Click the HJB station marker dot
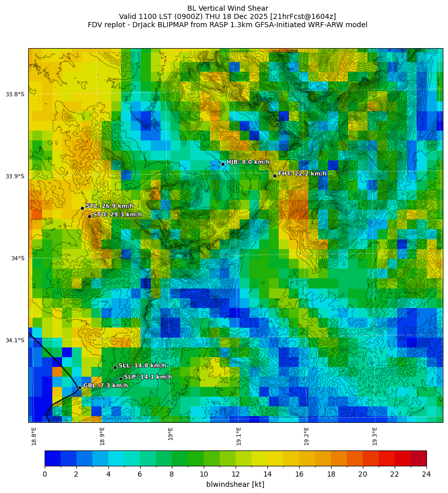(223, 164)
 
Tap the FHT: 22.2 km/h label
(302, 174)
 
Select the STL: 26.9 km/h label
(109, 206)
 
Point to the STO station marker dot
(89, 216)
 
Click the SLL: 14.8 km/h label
(142, 365)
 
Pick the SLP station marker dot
(121, 379)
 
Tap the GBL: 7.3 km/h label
(105, 385)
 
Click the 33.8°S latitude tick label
(15, 94)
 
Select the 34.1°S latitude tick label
(15, 340)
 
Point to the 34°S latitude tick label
(17, 258)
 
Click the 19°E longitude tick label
(170, 434)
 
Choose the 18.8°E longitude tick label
(34, 436)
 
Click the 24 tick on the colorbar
(426, 474)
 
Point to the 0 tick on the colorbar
(45, 474)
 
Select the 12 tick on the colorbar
(236, 474)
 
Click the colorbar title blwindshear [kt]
(235, 484)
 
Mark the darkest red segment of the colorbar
(418, 458)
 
